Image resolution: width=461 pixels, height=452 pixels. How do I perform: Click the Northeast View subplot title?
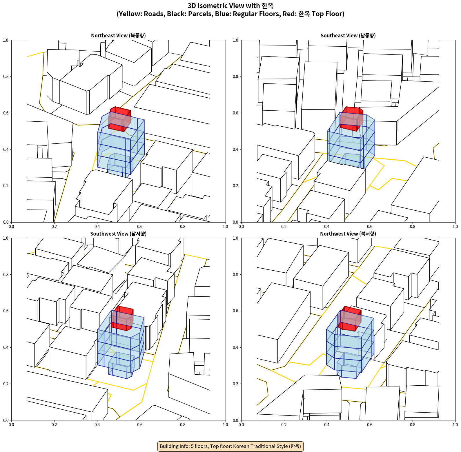click(x=118, y=35)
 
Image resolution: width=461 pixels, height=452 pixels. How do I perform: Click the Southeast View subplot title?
click(x=348, y=35)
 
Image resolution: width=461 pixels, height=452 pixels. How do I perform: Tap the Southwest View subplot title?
click(x=118, y=234)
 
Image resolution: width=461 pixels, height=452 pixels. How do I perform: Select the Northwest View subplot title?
click(x=348, y=234)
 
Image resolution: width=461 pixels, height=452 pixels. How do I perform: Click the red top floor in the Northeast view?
click(x=119, y=119)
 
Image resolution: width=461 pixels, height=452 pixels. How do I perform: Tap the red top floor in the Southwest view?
click(x=122, y=318)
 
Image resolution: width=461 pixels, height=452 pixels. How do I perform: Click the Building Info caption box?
click(x=230, y=446)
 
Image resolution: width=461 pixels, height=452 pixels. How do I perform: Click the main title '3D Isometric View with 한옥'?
click(x=230, y=6)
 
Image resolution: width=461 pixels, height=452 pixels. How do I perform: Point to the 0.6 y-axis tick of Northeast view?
click(x=6, y=113)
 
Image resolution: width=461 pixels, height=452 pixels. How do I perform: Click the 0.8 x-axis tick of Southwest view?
click(x=183, y=425)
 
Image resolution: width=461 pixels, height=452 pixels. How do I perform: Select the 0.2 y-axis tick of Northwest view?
click(x=235, y=384)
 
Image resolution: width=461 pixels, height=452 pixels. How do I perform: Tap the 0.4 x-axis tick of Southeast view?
click(x=327, y=227)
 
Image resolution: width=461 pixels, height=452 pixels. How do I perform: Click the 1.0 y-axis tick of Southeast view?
click(x=235, y=40)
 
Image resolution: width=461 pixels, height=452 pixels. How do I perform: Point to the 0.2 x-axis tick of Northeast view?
click(x=54, y=227)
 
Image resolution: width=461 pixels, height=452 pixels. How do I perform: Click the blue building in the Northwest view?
click(x=350, y=345)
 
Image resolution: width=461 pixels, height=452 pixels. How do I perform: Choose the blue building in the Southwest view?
click(x=121, y=345)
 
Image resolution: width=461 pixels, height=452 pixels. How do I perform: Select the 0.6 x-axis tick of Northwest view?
click(x=370, y=425)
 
